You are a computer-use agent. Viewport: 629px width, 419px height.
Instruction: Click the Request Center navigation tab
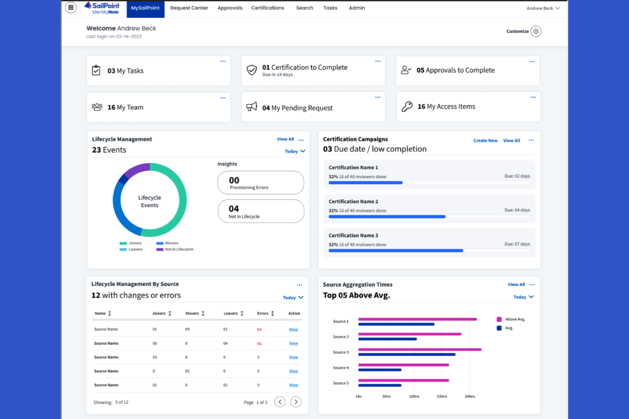(189, 8)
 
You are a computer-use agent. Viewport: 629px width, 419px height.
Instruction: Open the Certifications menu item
(267, 8)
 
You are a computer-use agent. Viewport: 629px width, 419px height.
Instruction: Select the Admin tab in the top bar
(357, 8)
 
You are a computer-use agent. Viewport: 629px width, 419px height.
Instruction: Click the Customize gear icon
(536, 31)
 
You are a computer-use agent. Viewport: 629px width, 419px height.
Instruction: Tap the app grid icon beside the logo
(71, 8)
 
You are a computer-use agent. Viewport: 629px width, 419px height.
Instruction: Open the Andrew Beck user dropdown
(543, 8)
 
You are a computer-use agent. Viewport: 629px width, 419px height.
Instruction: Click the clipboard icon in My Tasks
(96, 70)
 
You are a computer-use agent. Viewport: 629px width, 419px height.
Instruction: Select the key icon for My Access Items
(407, 107)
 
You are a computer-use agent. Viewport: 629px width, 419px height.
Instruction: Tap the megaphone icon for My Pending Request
(252, 107)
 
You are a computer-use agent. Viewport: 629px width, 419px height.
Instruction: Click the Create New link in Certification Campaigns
(485, 141)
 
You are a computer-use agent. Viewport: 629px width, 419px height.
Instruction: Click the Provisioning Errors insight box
(261, 183)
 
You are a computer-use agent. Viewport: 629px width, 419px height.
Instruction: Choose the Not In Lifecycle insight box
(261, 211)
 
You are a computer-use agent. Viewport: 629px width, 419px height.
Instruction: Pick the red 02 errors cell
(259, 329)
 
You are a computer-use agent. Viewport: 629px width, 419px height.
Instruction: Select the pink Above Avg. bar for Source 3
(419, 349)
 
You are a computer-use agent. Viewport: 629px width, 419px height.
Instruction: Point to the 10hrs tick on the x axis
(414, 397)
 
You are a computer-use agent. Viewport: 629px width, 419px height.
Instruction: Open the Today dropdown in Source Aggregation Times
(523, 297)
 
